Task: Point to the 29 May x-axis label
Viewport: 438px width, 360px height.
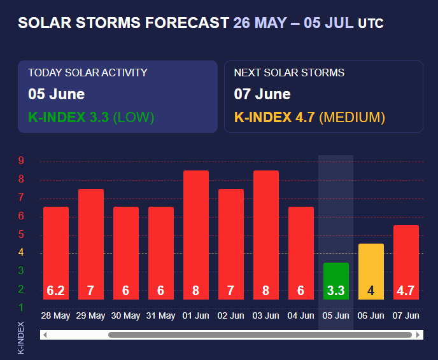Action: pyautogui.click(x=90, y=316)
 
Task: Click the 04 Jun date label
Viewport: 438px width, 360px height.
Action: pyautogui.click(x=301, y=316)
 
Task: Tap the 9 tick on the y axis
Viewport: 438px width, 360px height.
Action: pyautogui.click(x=21, y=161)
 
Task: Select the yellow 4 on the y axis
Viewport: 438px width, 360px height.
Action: pyautogui.click(x=21, y=253)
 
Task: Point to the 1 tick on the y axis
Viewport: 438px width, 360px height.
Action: pyautogui.click(x=21, y=308)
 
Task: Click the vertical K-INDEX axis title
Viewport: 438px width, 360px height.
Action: pyautogui.click(x=21, y=337)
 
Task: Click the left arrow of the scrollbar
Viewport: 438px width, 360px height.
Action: pyautogui.click(x=44, y=335)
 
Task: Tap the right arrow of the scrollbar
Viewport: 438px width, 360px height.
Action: pyautogui.click(x=418, y=335)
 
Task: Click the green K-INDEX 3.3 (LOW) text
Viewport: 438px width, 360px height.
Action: pyautogui.click(x=91, y=117)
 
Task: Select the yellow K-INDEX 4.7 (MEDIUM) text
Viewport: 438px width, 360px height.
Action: pyautogui.click(x=309, y=117)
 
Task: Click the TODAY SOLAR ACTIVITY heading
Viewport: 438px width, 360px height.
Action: pyautogui.click(x=88, y=73)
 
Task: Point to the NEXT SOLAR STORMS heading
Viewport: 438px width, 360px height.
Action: pyautogui.click(x=289, y=73)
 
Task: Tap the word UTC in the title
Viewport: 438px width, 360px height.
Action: pyautogui.click(x=371, y=24)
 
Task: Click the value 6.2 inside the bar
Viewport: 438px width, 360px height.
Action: pyautogui.click(x=56, y=291)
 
